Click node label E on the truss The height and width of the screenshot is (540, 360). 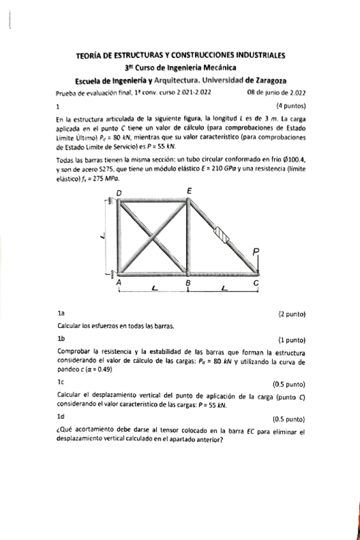(x=189, y=191)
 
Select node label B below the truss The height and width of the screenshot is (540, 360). (x=188, y=281)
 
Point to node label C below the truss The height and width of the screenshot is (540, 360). (x=256, y=281)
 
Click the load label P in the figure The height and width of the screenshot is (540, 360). (x=256, y=252)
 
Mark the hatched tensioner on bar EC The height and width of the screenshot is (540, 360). (x=221, y=234)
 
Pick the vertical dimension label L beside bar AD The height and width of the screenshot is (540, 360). (x=103, y=236)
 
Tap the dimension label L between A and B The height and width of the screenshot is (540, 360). (x=154, y=290)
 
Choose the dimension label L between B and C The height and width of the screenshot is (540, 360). (x=223, y=290)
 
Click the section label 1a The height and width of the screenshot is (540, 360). (x=61, y=314)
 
